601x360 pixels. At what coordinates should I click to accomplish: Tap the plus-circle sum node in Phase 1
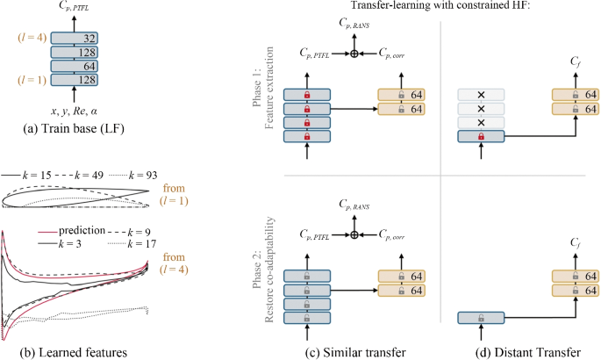354,54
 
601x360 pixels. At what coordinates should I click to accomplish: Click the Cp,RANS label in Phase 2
354,205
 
